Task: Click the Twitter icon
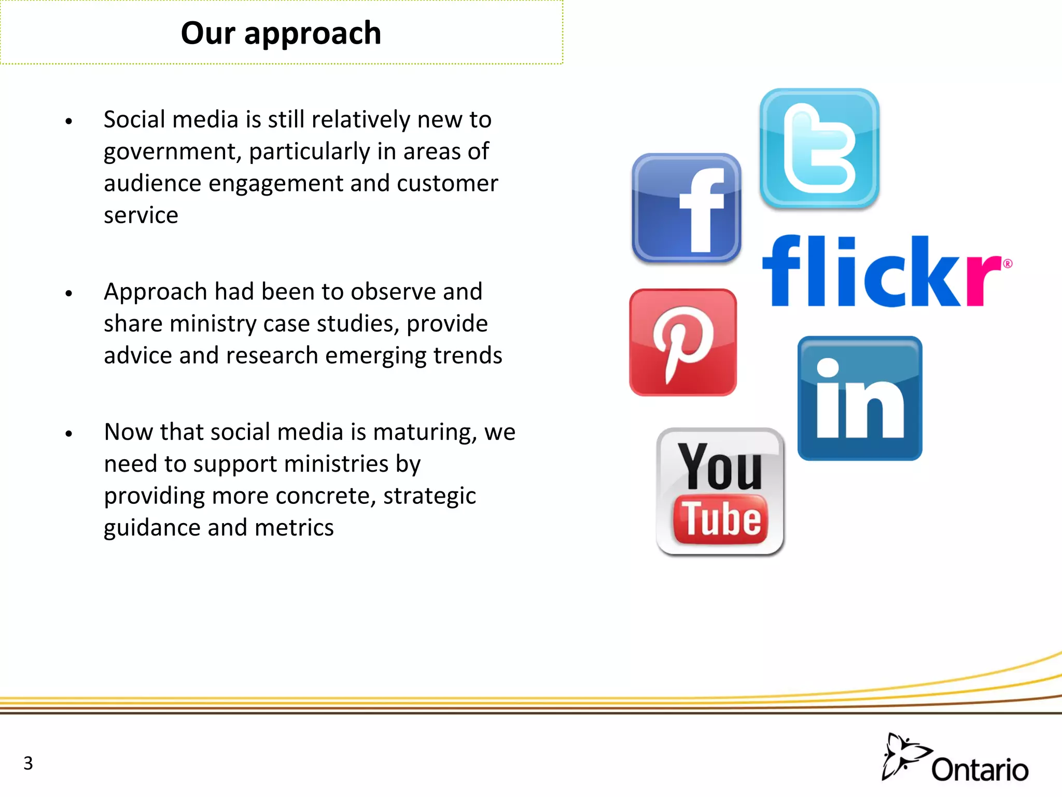click(819, 148)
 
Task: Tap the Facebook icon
click(686, 208)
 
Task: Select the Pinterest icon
click(683, 342)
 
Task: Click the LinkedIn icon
click(860, 398)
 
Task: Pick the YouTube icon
click(720, 491)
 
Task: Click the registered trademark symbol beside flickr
click(1007, 264)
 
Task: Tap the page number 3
click(28, 763)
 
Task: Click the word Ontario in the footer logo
click(980, 770)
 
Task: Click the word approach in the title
click(313, 34)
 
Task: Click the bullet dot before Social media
click(69, 122)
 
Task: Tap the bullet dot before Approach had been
click(69, 294)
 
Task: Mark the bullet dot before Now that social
click(69, 434)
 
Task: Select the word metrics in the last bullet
click(294, 528)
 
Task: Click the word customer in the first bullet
click(447, 184)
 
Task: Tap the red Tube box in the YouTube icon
click(720, 519)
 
